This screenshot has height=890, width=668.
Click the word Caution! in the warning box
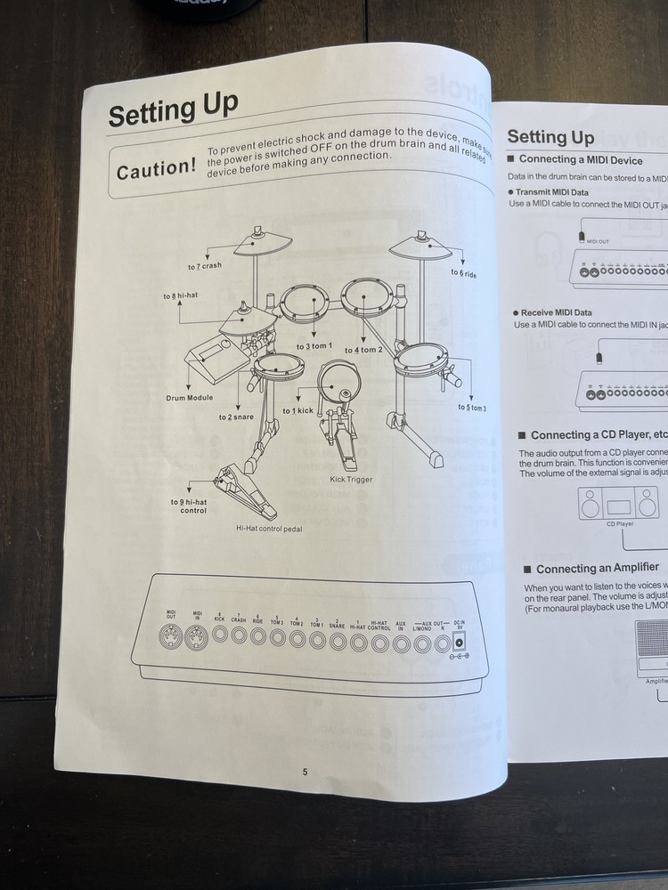pyautogui.click(x=157, y=169)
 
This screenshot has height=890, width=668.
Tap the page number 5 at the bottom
pyautogui.click(x=305, y=772)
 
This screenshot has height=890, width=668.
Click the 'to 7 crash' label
pyautogui.click(x=205, y=266)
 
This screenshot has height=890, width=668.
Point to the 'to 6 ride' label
pyautogui.click(x=463, y=274)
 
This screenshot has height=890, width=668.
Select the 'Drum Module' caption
pyautogui.click(x=189, y=397)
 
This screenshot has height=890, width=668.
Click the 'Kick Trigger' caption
pyautogui.click(x=351, y=480)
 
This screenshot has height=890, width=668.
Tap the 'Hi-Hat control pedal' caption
pyautogui.click(x=269, y=528)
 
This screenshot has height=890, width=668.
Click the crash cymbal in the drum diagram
pyautogui.click(x=258, y=240)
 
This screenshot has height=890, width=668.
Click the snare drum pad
pyautogui.click(x=277, y=365)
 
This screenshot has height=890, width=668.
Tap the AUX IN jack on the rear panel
pyautogui.click(x=401, y=640)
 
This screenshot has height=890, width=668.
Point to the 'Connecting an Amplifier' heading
pyautogui.click(x=597, y=568)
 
